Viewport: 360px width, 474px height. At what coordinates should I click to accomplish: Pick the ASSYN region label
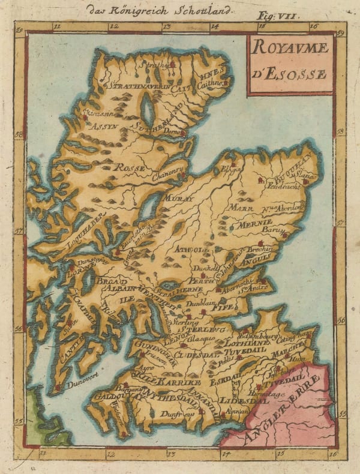(101, 126)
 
